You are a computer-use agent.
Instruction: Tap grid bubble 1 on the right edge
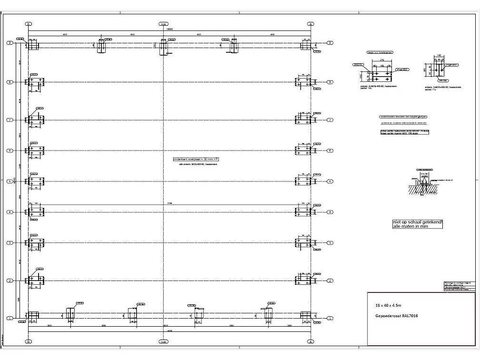click(x=330, y=318)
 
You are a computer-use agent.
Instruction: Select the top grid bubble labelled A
click(x=310, y=23)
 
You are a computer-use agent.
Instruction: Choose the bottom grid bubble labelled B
click(x=29, y=341)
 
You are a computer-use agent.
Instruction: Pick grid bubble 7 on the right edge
click(x=330, y=120)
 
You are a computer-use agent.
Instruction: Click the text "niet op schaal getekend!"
click(x=418, y=222)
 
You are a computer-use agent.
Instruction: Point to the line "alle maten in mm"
click(x=410, y=227)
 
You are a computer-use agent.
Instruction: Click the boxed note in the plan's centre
click(x=195, y=159)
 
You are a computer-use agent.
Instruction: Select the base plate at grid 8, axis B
click(x=35, y=82)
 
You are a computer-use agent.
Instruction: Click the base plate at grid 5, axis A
click(x=303, y=181)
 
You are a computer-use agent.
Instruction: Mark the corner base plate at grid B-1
click(x=33, y=316)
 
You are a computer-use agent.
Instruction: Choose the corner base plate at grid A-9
click(x=305, y=44)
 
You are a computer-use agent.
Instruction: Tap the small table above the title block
click(x=456, y=286)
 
